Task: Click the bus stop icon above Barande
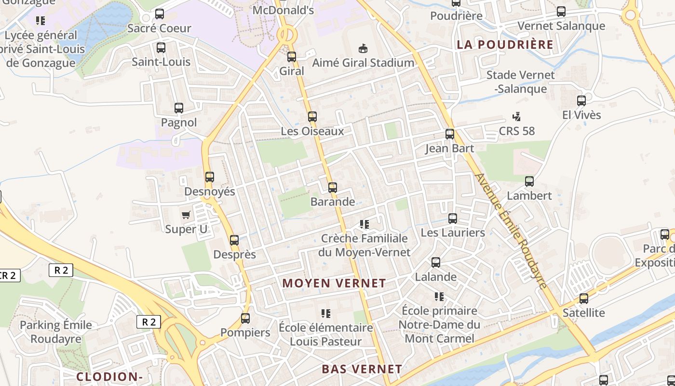tap(332, 188)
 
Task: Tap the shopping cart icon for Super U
tap(186, 215)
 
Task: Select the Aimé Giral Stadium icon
tap(363, 48)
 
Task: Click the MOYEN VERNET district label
tap(334, 283)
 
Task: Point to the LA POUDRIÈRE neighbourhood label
tap(505, 45)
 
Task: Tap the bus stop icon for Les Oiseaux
tap(312, 117)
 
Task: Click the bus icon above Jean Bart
tap(450, 134)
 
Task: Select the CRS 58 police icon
tap(517, 116)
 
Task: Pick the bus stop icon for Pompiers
tap(245, 318)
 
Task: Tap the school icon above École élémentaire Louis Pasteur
tap(326, 314)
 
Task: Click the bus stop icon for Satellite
tap(584, 299)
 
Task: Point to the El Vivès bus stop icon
tap(581, 101)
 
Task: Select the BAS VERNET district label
tap(362, 369)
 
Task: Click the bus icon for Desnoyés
tap(210, 177)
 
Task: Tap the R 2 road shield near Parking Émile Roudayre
tap(148, 322)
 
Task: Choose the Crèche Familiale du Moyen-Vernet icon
tap(364, 224)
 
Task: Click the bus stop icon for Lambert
tap(529, 181)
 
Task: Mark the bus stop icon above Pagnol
tap(179, 108)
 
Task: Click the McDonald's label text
tap(283, 10)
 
